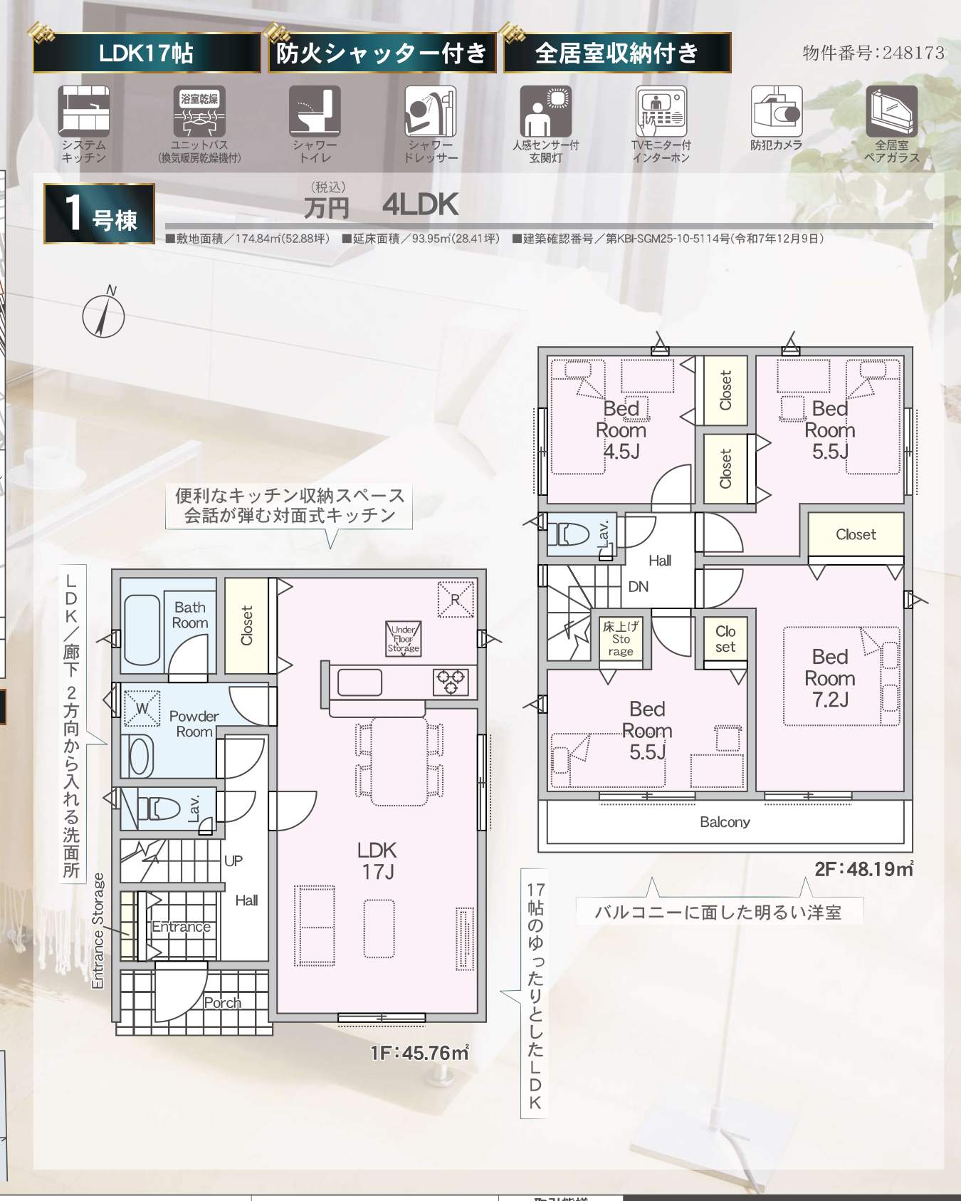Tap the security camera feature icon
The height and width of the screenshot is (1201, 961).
776,111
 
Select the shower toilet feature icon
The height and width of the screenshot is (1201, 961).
315,111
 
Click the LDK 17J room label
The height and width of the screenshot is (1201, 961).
377,861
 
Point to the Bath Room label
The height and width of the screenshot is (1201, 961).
190,615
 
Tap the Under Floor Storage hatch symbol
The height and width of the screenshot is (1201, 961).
404,638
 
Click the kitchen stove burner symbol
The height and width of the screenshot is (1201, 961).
451,682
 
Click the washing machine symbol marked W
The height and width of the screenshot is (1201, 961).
142,708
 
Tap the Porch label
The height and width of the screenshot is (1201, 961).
222,1002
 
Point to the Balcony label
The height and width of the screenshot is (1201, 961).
725,822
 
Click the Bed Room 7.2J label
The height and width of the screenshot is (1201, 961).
830,678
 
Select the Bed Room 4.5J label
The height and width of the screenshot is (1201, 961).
621,430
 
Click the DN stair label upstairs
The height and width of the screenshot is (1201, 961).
639,586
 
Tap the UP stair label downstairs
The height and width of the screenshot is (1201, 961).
233,861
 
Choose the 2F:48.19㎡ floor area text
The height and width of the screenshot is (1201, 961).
864,869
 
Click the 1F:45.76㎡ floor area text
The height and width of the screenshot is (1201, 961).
419,1052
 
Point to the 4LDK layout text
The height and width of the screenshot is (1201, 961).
420,205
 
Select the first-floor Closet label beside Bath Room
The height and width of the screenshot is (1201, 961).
247,625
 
